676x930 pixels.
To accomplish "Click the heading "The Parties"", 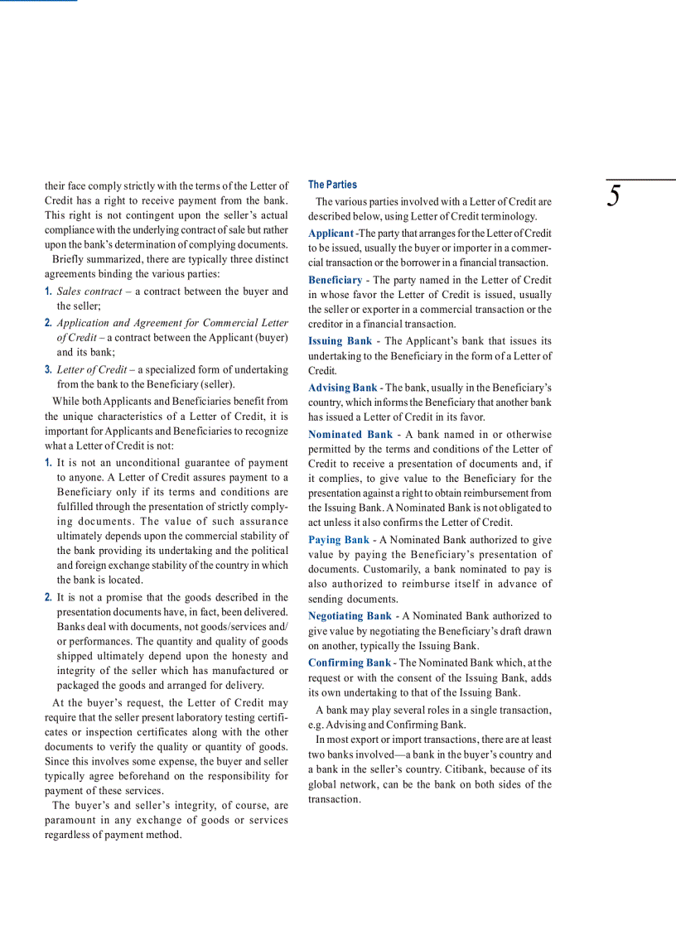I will pos(332,185).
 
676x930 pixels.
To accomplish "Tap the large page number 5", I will pos(614,197).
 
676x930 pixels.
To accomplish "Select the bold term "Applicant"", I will pos(331,234).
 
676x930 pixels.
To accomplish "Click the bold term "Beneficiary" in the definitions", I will pos(335,280).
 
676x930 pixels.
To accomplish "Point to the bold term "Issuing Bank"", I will pos(340,341).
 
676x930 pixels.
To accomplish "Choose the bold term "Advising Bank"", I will pos(342,388).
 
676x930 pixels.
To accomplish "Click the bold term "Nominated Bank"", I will pos(350,434).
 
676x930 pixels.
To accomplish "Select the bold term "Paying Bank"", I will pos(339,540).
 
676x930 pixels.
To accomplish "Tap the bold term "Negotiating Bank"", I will pos(350,616).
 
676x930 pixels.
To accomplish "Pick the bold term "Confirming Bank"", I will pos(349,663).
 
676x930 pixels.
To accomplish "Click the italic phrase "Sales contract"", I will pos(89,292).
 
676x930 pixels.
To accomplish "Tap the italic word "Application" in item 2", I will pos(82,323).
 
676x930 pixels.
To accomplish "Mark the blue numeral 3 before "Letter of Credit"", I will pos(48,369).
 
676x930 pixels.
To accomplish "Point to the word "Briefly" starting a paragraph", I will pos(68,259).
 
